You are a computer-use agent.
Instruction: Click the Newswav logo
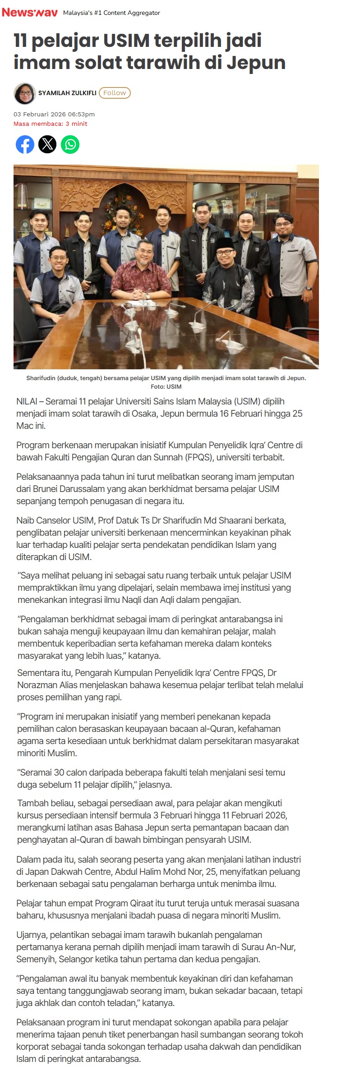click(30, 13)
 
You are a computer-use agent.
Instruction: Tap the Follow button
click(115, 93)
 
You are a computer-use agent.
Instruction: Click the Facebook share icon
click(25, 144)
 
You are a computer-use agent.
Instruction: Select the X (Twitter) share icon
click(47, 144)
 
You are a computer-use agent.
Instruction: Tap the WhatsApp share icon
click(70, 144)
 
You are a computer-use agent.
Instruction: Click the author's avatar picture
click(24, 93)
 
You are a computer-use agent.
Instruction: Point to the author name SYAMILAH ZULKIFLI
click(67, 93)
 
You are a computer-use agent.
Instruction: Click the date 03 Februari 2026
click(39, 115)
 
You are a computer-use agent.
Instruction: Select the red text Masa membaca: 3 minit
click(51, 124)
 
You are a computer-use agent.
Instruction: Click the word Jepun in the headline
click(256, 63)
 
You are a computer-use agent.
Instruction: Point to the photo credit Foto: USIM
click(166, 386)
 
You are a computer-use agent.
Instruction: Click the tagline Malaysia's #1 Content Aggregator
click(111, 13)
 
